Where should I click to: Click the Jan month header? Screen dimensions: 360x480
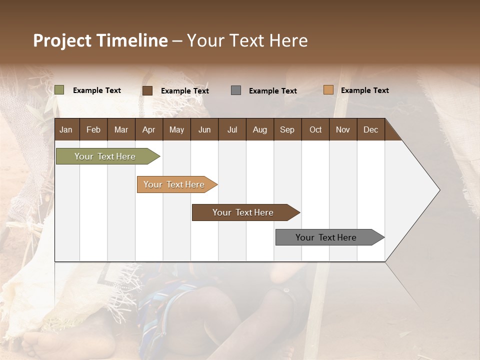(66, 129)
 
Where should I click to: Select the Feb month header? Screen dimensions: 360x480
(93, 129)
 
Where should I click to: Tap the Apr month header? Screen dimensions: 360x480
(148, 129)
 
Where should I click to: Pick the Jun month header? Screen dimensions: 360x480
(204, 129)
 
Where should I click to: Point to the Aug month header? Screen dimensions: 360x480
(259, 129)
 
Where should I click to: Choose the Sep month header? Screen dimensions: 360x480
(287, 129)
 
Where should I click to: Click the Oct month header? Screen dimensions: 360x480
(315, 129)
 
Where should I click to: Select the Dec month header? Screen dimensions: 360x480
(370, 129)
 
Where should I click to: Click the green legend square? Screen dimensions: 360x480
(59, 90)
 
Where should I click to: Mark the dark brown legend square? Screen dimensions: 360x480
(147, 90)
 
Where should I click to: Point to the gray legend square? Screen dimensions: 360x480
(236, 90)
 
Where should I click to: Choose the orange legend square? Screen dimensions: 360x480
(328, 90)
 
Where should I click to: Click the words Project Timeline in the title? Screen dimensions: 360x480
(100, 40)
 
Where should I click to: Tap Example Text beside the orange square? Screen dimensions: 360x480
(364, 90)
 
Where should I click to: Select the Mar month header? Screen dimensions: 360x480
(121, 129)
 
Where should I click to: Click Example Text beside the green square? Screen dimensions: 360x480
(96, 90)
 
